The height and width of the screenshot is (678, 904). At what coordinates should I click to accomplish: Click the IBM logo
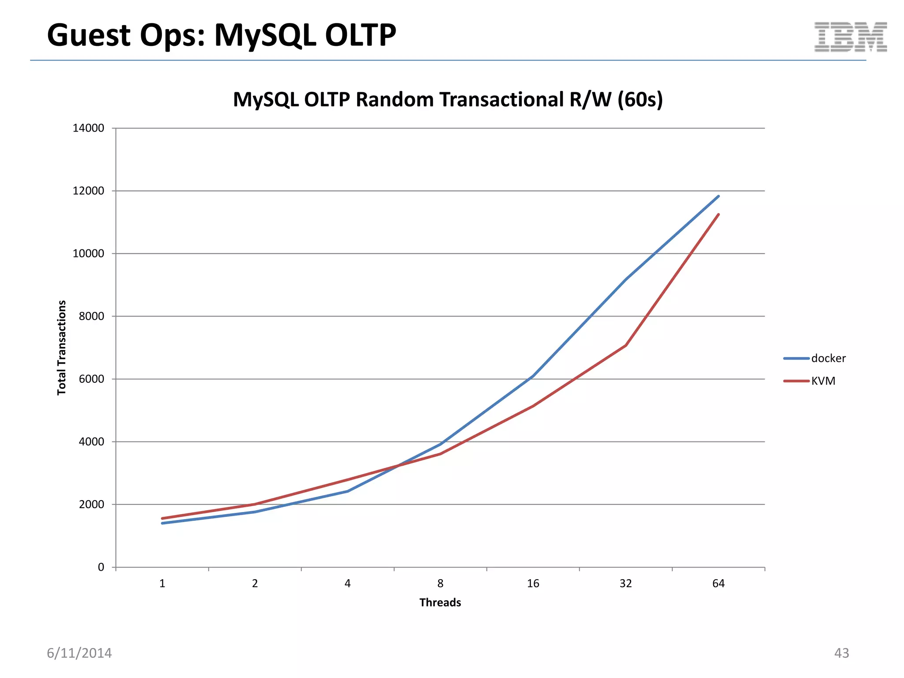(x=850, y=37)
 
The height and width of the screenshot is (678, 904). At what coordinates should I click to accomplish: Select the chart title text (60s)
(x=640, y=100)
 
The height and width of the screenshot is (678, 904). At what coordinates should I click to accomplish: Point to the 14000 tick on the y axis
(x=88, y=128)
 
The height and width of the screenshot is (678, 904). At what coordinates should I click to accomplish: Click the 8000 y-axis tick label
(x=91, y=316)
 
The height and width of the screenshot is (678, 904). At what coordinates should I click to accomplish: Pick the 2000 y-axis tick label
(x=91, y=505)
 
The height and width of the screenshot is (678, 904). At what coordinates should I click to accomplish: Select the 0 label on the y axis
(x=101, y=568)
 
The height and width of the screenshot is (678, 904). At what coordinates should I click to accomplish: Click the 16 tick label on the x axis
(x=533, y=584)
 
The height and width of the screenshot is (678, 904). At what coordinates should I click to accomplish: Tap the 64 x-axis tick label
(x=718, y=584)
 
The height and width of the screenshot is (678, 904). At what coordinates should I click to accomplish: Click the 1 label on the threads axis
(x=162, y=584)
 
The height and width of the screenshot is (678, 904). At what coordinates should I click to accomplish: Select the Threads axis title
(x=440, y=603)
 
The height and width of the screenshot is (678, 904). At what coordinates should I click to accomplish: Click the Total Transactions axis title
(x=62, y=348)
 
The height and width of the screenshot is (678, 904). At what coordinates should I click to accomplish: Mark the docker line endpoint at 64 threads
(x=718, y=196)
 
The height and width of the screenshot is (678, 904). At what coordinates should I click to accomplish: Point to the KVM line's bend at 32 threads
(x=625, y=346)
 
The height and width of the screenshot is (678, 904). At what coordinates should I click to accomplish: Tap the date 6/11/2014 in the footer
(x=79, y=653)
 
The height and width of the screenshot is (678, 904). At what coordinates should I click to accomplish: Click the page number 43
(x=841, y=653)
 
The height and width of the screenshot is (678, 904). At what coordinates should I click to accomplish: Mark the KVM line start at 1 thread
(x=162, y=518)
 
